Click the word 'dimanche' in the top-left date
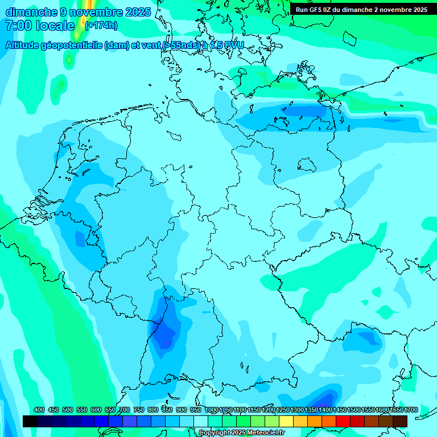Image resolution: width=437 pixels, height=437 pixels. click(x=31, y=12)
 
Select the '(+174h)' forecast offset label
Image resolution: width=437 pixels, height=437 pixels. click(x=101, y=26)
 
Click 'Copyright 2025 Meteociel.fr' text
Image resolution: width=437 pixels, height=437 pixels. click(x=241, y=433)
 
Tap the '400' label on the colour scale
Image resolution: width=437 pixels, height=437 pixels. click(x=39, y=410)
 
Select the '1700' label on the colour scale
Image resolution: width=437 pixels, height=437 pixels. click(x=411, y=410)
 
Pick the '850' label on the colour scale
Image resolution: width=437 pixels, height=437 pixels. click(x=167, y=410)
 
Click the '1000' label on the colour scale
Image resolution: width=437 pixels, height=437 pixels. click(x=211, y=410)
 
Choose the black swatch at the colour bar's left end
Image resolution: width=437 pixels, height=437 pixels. click(x=30, y=422)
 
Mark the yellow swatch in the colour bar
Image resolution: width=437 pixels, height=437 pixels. click(x=286, y=422)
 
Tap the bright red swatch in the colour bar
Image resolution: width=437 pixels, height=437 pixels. click(x=343, y=422)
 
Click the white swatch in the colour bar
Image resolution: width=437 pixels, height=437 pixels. click(x=201, y=422)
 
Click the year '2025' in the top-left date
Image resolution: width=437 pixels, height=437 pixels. click(x=138, y=12)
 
